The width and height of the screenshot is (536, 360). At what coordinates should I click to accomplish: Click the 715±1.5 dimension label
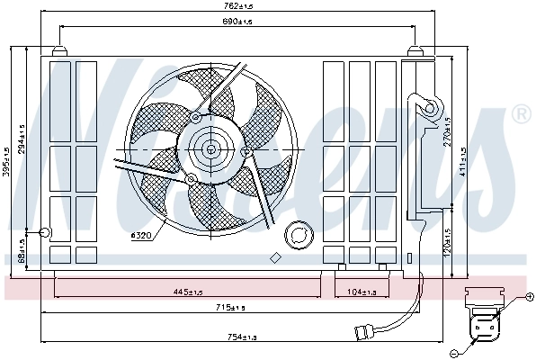230,309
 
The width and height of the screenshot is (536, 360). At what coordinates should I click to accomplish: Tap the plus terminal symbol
529,296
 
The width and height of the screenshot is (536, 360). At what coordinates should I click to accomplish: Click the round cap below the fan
296,236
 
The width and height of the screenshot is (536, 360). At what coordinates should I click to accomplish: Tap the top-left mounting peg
59,50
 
